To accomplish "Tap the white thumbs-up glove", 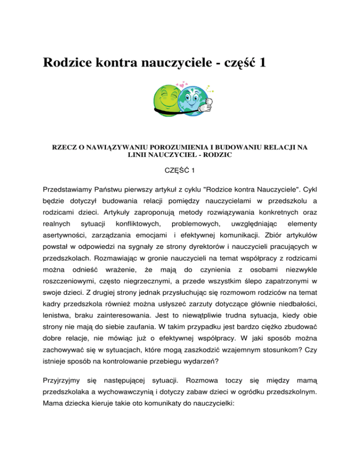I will point(207,105).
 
